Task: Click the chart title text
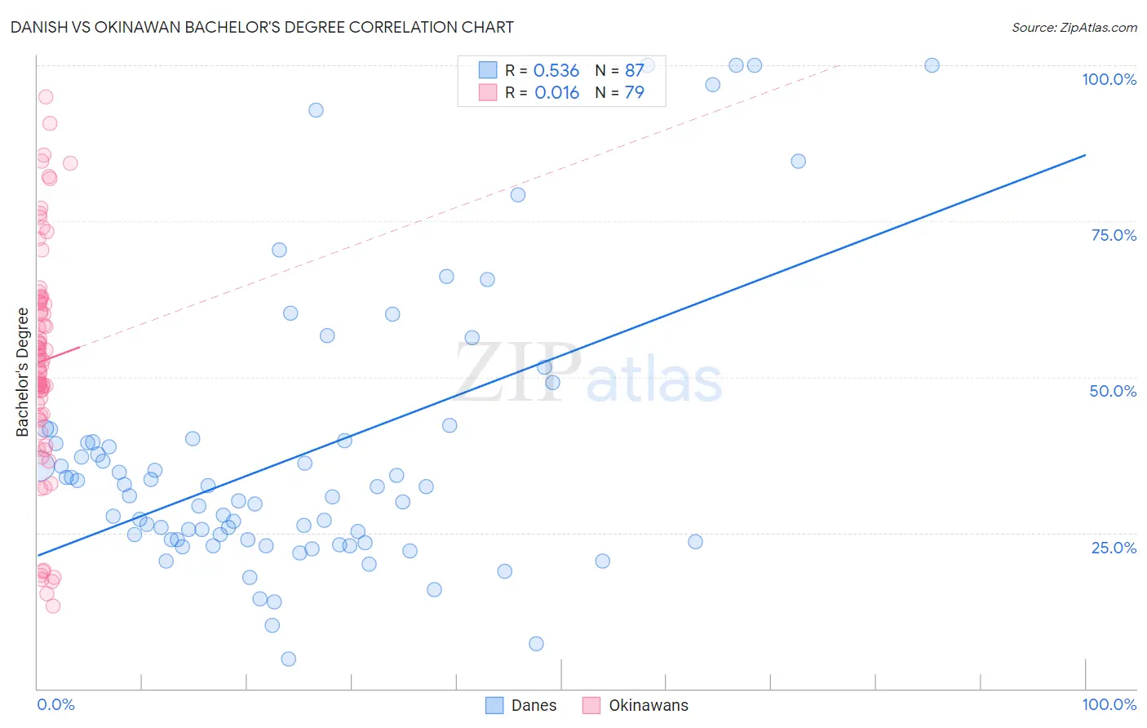point(262,27)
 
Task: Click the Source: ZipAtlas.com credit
point(1074,27)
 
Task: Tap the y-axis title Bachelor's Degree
point(23,372)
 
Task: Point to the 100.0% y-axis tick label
point(1109,79)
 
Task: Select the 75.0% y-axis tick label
point(1114,235)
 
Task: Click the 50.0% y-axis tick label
point(1113,391)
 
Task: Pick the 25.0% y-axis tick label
point(1114,547)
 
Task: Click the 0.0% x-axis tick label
point(55,704)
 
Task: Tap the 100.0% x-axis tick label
point(1109,704)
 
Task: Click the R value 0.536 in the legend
point(556,70)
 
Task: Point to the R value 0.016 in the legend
point(556,92)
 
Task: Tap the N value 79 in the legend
point(634,92)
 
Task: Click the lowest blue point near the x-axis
point(288,659)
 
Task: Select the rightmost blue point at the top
point(932,65)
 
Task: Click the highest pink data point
point(46,97)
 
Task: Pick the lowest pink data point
point(53,606)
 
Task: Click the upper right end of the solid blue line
point(1085,155)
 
